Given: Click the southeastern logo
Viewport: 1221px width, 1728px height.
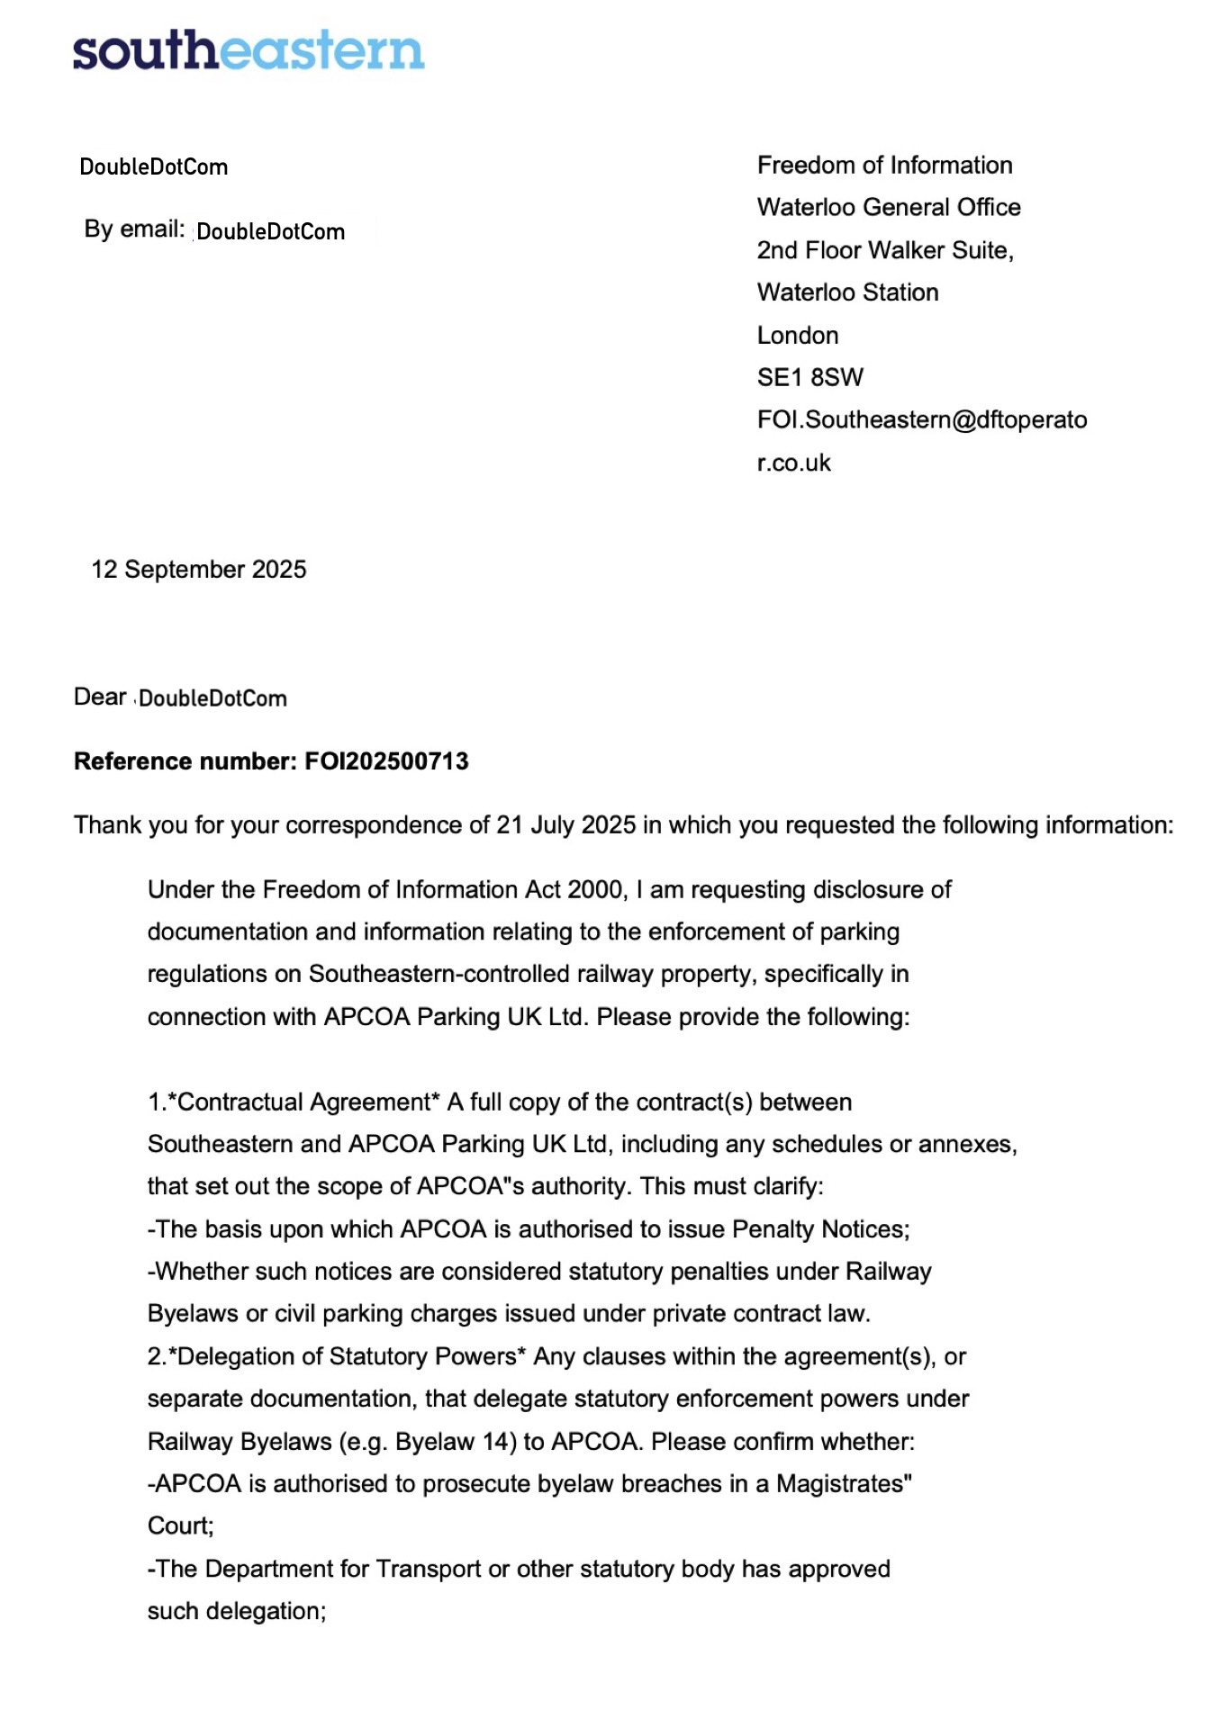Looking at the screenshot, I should point(248,50).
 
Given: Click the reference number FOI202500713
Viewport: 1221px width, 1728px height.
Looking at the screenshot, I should point(386,761).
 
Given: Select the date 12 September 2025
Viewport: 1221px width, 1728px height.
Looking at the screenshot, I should point(199,570).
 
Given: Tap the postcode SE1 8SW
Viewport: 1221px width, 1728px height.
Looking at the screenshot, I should point(809,378).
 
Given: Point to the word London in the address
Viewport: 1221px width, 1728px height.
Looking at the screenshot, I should point(798,336).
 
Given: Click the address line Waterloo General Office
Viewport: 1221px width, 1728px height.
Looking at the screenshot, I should point(889,208).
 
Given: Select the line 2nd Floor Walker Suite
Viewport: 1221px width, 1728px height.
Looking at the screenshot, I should point(884,250).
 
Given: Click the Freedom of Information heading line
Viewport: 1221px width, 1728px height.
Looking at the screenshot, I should point(884,166).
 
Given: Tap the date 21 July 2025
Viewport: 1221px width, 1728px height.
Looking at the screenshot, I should point(565,825).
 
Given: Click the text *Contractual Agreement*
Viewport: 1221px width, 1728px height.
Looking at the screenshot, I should point(304,1102).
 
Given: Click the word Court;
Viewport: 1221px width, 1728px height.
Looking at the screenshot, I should point(181,1526).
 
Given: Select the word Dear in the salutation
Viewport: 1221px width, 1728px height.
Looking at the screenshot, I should point(100,697).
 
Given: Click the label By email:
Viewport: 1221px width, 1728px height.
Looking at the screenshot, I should point(134,229).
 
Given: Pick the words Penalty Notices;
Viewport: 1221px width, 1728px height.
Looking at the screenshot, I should point(820,1229).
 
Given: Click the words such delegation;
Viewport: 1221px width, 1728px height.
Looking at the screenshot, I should point(237,1611).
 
